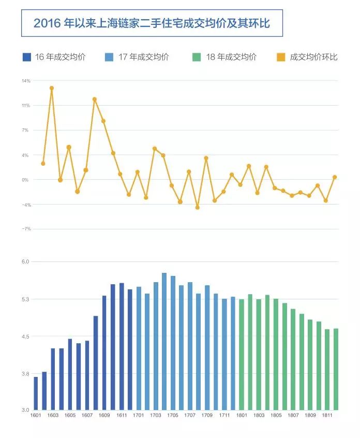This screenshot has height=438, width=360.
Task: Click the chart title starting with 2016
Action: tap(152, 23)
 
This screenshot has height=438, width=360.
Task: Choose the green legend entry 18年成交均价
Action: tap(224, 57)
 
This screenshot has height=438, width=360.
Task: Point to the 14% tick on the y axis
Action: tap(26, 81)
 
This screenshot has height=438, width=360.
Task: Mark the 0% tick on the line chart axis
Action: tap(26, 180)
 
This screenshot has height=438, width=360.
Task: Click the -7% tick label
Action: tap(26, 229)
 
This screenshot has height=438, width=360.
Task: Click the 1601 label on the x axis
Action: tap(36, 415)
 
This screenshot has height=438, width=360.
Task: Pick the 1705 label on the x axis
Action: tap(173, 415)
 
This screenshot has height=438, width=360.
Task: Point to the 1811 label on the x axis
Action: tap(327, 415)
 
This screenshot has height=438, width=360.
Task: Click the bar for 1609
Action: tap(104, 353)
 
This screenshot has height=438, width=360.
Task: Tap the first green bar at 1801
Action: tap(242, 355)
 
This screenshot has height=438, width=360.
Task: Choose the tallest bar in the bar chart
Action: tap(164, 342)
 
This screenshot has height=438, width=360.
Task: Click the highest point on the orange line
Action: tap(52, 88)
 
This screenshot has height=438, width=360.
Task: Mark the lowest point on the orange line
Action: tap(197, 207)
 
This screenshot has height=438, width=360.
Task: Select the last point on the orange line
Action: tap(335, 177)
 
